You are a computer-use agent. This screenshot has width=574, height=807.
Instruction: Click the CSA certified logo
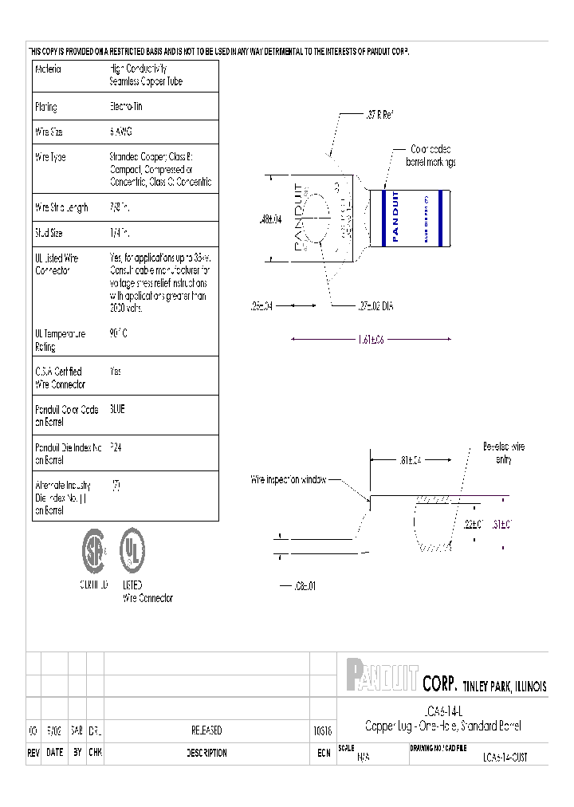(x=94, y=551)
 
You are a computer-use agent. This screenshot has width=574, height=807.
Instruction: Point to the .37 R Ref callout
(x=379, y=115)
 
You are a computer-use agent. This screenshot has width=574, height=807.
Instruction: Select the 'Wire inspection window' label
(x=288, y=480)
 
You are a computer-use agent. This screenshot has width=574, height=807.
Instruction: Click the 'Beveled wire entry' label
(x=503, y=452)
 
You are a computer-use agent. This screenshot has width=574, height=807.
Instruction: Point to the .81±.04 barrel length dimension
(x=409, y=459)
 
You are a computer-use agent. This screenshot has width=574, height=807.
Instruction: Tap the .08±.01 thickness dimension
(x=303, y=586)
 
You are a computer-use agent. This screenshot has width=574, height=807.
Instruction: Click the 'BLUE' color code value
(x=117, y=409)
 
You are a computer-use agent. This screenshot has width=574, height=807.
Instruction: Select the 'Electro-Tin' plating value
(x=126, y=106)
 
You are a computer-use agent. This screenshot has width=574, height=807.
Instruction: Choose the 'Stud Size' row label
(x=49, y=234)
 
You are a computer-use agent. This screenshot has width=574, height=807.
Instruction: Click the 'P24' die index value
(x=116, y=447)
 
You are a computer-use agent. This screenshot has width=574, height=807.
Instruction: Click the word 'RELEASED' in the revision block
(x=206, y=730)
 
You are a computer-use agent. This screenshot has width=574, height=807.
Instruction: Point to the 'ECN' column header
(x=323, y=753)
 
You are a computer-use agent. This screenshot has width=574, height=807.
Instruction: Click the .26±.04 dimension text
(x=260, y=305)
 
